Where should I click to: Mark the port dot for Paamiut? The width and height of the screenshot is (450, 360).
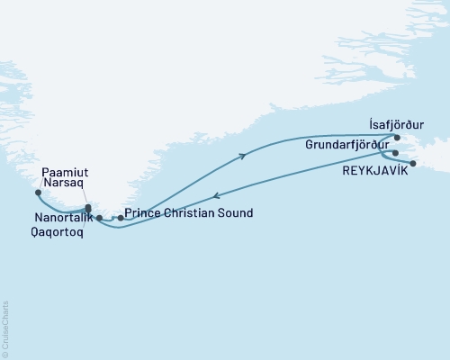coord(37,192)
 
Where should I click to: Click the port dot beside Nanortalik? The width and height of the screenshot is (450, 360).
coord(99,218)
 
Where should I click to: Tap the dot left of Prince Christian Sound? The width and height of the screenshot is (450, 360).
coord(120,218)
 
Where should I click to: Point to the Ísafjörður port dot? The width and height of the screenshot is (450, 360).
coord(397,138)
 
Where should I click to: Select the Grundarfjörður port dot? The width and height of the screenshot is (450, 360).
coord(395,153)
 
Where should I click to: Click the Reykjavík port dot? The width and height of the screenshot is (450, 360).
coord(413,163)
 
